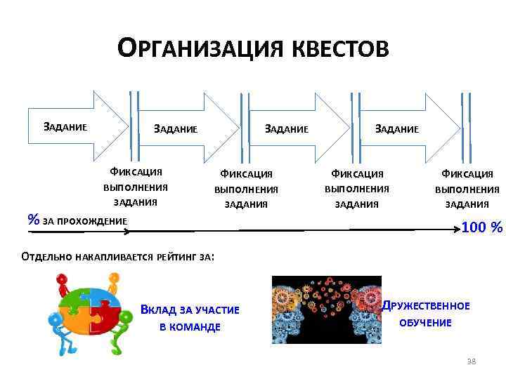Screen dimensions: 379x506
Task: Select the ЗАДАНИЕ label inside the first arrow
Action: tap(65, 128)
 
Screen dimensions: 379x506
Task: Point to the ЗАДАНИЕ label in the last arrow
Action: tap(397, 128)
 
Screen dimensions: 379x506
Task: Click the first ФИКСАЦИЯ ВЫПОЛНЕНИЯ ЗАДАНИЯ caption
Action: tap(136, 187)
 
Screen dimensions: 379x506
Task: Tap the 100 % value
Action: tap(482, 227)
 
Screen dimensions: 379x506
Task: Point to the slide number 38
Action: tap(471, 361)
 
